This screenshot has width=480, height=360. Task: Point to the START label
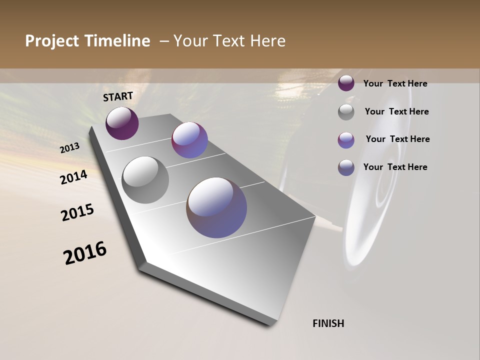[118, 96]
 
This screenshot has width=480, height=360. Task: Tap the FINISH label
[328, 323]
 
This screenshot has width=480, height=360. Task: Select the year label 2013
[69, 148]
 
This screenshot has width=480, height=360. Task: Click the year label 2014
[73, 177]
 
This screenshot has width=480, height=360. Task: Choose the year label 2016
[85, 253]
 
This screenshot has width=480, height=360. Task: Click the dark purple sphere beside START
[122, 123]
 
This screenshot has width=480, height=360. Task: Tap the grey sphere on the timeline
[145, 180]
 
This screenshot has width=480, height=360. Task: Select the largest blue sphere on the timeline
[216, 207]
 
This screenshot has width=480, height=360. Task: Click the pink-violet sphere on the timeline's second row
[189, 140]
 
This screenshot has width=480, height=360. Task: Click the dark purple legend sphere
[346, 83]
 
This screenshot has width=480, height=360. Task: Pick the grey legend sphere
[346, 112]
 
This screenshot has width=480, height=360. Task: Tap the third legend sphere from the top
[346, 140]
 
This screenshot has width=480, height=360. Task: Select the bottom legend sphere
[346, 167]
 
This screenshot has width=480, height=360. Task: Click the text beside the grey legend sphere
[396, 111]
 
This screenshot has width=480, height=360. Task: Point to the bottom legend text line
[395, 167]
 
